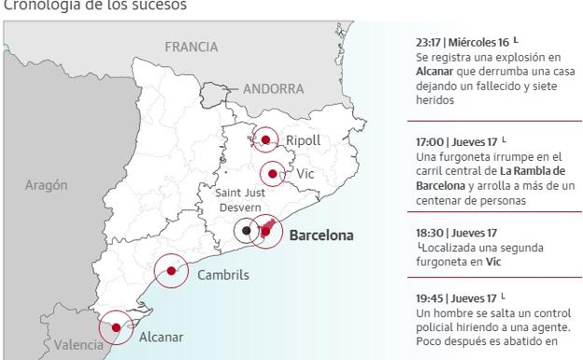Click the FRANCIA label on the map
point(191,47)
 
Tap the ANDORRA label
point(274,89)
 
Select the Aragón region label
point(46,185)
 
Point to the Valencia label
point(78,344)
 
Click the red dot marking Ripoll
point(265,140)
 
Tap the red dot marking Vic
point(272,173)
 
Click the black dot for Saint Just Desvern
point(247,230)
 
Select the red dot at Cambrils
point(171,271)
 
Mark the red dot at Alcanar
point(116,327)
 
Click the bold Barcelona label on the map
point(321,236)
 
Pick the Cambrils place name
point(223,275)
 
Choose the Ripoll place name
point(303,140)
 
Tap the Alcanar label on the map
point(161,338)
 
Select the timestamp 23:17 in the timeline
point(429,43)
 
